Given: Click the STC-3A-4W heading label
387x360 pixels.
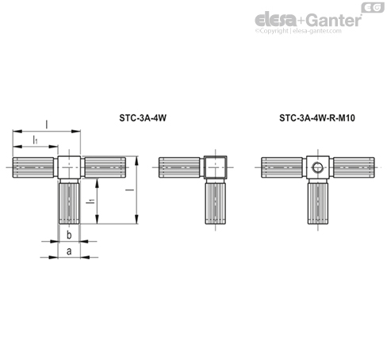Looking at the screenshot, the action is [x=143, y=118].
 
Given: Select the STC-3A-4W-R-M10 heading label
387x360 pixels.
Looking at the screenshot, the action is [x=317, y=118].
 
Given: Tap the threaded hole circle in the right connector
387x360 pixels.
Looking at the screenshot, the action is [x=317, y=167].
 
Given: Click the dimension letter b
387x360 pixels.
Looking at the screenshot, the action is [x=69, y=235].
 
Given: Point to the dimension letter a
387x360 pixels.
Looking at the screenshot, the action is [x=69, y=251].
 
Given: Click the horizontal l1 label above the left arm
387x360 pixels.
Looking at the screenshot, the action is [x=35, y=140].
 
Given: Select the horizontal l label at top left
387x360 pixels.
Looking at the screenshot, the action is [x=47, y=124].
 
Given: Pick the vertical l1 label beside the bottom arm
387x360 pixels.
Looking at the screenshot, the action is [x=90, y=201].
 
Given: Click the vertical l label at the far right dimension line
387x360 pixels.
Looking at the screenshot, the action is [x=130, y=190].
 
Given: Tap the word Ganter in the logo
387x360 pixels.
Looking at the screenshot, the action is [x=334, y=21].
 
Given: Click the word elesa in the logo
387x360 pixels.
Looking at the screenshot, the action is [x=276, y=20].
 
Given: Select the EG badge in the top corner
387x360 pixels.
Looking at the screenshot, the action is [x=373, y=7].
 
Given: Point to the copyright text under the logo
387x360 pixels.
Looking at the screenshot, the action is [x=298, y=31].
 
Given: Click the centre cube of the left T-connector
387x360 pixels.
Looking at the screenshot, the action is [x=69, y=167].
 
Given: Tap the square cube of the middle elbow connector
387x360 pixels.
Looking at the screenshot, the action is [x=216, y=167].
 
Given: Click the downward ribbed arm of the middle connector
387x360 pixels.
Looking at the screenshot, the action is [x=216, y=201].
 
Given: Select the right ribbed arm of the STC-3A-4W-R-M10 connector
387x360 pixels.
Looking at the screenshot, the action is [x=354, y=167].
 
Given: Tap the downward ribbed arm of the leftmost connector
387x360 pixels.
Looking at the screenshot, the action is [x=69, y=201].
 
